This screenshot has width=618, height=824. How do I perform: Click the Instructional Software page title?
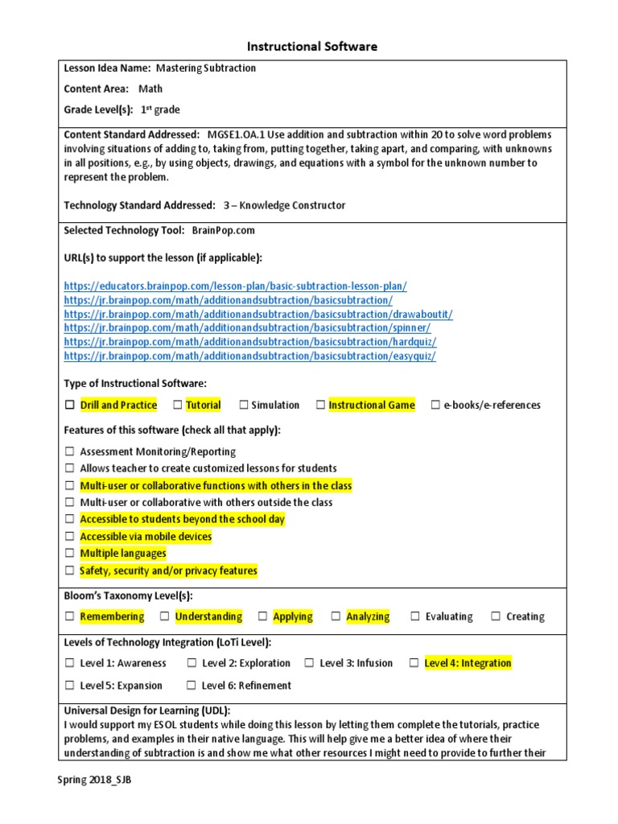click(309, 47)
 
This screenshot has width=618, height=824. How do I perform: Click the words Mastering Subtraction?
click(205, 68)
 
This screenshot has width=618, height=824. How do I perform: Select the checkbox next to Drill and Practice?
click(70, 406)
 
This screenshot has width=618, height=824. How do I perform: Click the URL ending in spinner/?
click(247, 328)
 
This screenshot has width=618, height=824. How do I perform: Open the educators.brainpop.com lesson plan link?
click(235, 286)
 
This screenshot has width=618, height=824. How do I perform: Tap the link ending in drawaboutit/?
click(257, 315)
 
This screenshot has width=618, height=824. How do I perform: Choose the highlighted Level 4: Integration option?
click(468, 663)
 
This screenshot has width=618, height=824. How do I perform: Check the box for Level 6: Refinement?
click(192, 686)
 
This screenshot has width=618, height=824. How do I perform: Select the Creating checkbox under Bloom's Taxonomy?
click(496, 616)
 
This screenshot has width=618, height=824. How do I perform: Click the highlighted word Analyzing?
click(368, 616)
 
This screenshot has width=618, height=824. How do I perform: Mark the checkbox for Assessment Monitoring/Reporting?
click(70, 452)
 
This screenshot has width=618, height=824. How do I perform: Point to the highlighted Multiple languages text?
click(123, 554)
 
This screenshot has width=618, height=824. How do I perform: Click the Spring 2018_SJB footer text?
click(93, 781)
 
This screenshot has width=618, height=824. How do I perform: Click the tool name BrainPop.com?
click(224, 230)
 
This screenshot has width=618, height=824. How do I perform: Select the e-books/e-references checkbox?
click(435, 406)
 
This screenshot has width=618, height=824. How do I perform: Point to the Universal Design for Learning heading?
click(146, 711)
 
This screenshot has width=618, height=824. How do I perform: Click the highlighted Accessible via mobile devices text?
click(146, 537)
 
